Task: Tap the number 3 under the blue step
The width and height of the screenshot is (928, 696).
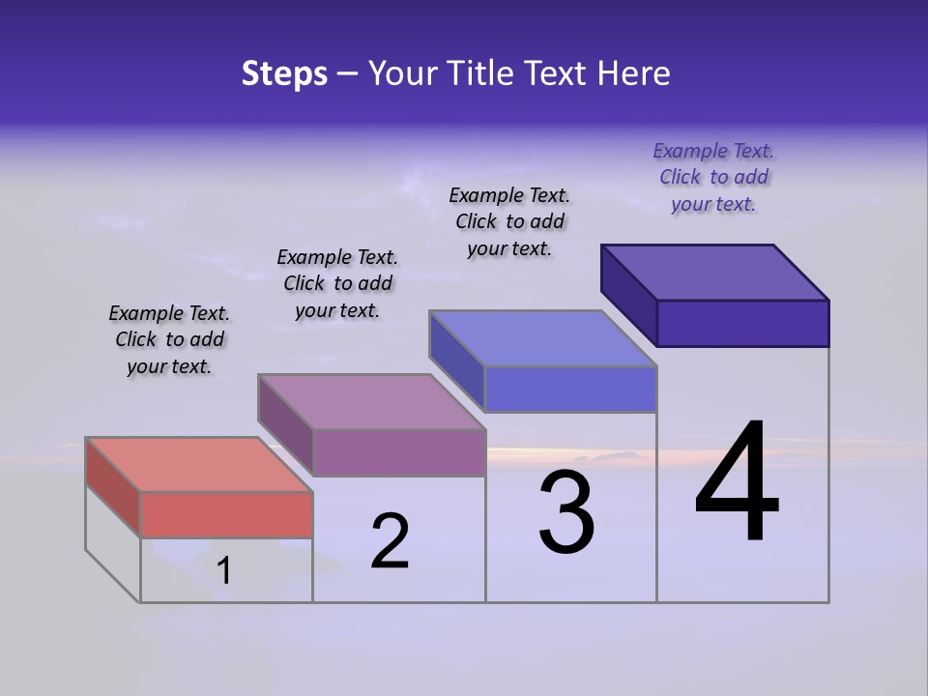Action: point(566,512)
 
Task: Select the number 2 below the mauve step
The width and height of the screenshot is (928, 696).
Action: point(391,541)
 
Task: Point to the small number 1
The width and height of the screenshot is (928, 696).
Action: point(224,571)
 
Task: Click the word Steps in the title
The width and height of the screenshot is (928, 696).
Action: point(284,73)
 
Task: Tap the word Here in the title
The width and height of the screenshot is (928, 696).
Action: point(633,73)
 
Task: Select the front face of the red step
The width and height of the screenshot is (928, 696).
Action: point(226,514)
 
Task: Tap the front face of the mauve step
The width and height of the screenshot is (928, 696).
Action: point(398,452)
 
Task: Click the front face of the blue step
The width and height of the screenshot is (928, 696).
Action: point(570,389)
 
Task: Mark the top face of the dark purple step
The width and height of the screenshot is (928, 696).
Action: point(714,272)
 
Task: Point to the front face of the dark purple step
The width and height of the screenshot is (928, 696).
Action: point(742,323)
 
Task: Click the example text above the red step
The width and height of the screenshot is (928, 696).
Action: point(169,339)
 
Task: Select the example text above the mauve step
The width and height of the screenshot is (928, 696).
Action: point(337,283)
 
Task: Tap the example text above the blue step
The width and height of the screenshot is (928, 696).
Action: point(509,221)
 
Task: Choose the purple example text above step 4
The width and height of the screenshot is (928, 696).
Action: point(713,177)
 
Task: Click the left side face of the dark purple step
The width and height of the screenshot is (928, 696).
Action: point(628,295)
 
